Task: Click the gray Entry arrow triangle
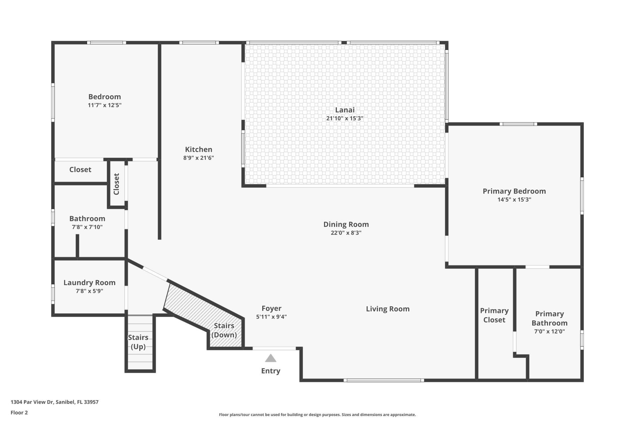pos(271,359)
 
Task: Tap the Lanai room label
pos(345,110)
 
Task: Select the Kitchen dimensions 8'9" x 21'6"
pos(198,158)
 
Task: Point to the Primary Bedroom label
pos(514,191)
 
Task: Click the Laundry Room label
pos(89,283)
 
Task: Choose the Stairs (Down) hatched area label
pos(224,330)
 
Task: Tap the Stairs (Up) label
pos(138,342)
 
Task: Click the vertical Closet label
pos(116,184)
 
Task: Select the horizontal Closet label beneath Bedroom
pos(80,170)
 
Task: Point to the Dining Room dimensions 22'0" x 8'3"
pos(346,233)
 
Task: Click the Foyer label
pos(271,308)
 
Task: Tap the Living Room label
pos(388,309)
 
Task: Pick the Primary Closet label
pos(494,315)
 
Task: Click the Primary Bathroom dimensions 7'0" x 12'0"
pos(549,331)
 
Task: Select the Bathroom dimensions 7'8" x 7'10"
pos(87,227)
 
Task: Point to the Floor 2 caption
pos(19,412)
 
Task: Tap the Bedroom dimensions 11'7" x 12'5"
pos(105,105)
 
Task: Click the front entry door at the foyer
pos(274,348)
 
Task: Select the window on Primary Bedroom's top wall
pos(518,124)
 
